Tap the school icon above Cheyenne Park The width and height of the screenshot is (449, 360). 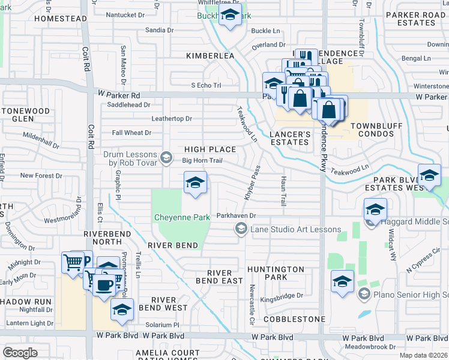[x=195, y=184]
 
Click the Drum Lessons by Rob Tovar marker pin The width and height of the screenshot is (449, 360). [x=166, y=159]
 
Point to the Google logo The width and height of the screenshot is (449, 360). [x=20, y=352]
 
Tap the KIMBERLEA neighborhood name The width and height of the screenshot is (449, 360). [x=210, y=55]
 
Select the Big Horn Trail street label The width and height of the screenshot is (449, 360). [x=202, y=160]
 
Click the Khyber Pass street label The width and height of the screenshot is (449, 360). [x=253, y=182]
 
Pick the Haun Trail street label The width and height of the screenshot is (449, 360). [x=283, y=191]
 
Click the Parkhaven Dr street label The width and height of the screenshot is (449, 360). [x=237, y=215]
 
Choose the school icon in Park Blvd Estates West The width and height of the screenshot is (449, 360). [x=429, y=176]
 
